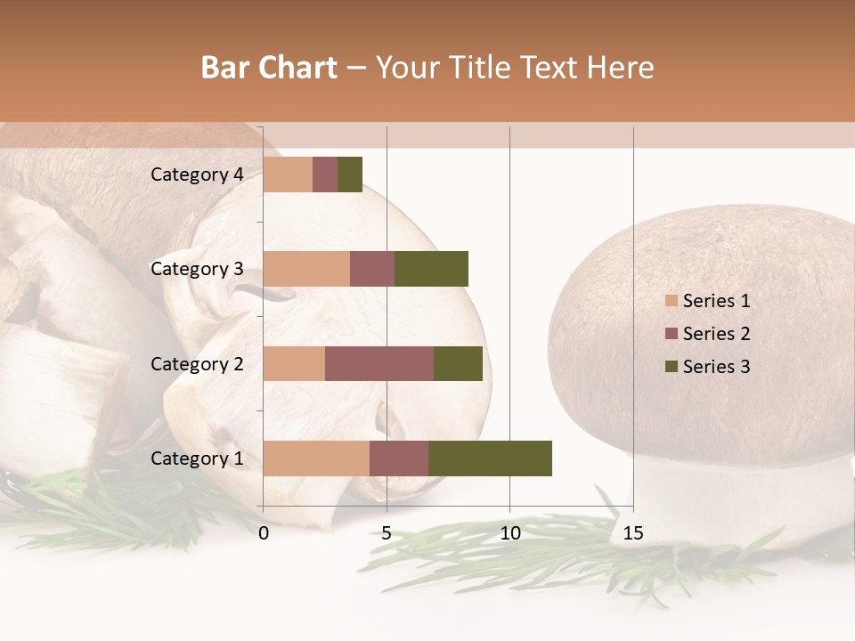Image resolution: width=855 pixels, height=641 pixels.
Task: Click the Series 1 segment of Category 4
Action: [x=288, y=174]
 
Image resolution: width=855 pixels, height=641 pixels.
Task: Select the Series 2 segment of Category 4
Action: [x=325, y=174]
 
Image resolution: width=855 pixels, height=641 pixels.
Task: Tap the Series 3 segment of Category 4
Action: [x=350, y=174]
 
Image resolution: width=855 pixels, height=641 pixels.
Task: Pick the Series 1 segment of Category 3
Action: [x=306, y=269]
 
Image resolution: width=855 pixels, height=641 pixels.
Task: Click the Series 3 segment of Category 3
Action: [x=431, y=269]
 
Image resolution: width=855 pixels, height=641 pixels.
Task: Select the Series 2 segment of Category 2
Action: [x=379, y=364]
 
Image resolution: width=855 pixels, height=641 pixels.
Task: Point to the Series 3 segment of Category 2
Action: [x=458, y=364]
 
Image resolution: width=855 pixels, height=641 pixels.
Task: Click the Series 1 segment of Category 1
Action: [x=316, y=458]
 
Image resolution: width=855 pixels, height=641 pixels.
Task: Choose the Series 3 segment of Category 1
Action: [x=490, y=458]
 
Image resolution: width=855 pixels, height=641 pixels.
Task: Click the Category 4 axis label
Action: [x=197, y=174]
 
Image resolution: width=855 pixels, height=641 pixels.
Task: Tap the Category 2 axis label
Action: [x=197, y=364]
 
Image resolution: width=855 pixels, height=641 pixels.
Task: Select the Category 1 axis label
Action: [x=197, y=458]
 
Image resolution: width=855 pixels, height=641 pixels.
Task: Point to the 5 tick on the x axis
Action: [x=387, y=533]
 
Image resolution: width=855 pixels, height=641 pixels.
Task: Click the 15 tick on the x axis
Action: [x=633, y=533]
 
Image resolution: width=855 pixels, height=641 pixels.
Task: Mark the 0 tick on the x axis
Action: [x=264, y=533]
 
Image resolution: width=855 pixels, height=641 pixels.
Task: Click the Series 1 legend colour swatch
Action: [x=671, y=301]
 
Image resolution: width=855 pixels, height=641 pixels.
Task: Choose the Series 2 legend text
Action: [x=716, y=334]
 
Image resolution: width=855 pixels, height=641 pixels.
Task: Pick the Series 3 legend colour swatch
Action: [x=671, y=367]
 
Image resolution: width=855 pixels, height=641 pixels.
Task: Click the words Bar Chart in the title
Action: [x=269, y=68]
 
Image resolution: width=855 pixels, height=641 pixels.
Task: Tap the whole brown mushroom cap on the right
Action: [x=704, y=338]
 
